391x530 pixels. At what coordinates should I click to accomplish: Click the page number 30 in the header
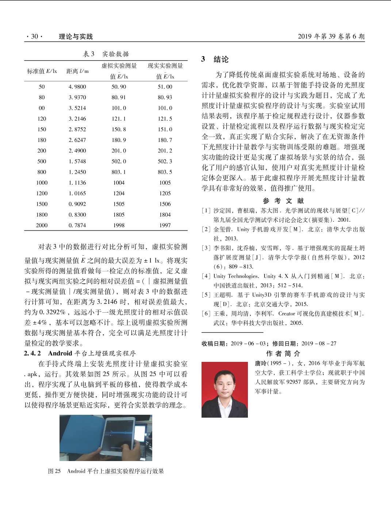pos(34,36)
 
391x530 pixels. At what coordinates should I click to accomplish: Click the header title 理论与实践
pos(76,36)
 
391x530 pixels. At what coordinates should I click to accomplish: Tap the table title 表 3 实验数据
pos(106,54)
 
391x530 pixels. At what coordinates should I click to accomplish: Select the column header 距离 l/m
pos(77,71)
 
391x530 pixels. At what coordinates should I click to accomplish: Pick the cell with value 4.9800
pos(77,87)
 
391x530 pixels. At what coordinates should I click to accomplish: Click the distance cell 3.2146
pos(77,119)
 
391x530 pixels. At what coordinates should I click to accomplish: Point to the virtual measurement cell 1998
pos(119,225)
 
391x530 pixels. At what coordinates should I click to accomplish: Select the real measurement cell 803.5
pos(165,172)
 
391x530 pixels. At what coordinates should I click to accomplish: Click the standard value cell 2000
pos(42,225)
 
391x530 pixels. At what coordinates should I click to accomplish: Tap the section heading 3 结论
pos(215,59)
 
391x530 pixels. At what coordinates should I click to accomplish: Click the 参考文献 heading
pos(283,201)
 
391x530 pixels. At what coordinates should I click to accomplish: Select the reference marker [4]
pos(206,276)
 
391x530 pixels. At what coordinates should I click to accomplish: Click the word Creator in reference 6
pos(287,314)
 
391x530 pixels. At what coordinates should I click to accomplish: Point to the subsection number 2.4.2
pos(32,353)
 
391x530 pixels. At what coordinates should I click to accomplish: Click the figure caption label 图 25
pos(54,471)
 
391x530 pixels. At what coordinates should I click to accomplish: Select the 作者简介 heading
pos(283,353)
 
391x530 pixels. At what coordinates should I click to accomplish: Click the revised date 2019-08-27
pos(319,344)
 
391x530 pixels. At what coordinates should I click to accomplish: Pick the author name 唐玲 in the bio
pos(260,363)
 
